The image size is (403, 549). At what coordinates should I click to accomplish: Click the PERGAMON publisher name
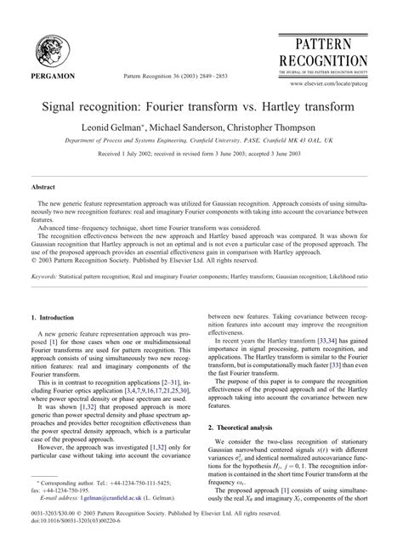click(x=53, y=76)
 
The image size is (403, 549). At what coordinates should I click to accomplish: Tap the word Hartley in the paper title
click(x=264, y=105)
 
